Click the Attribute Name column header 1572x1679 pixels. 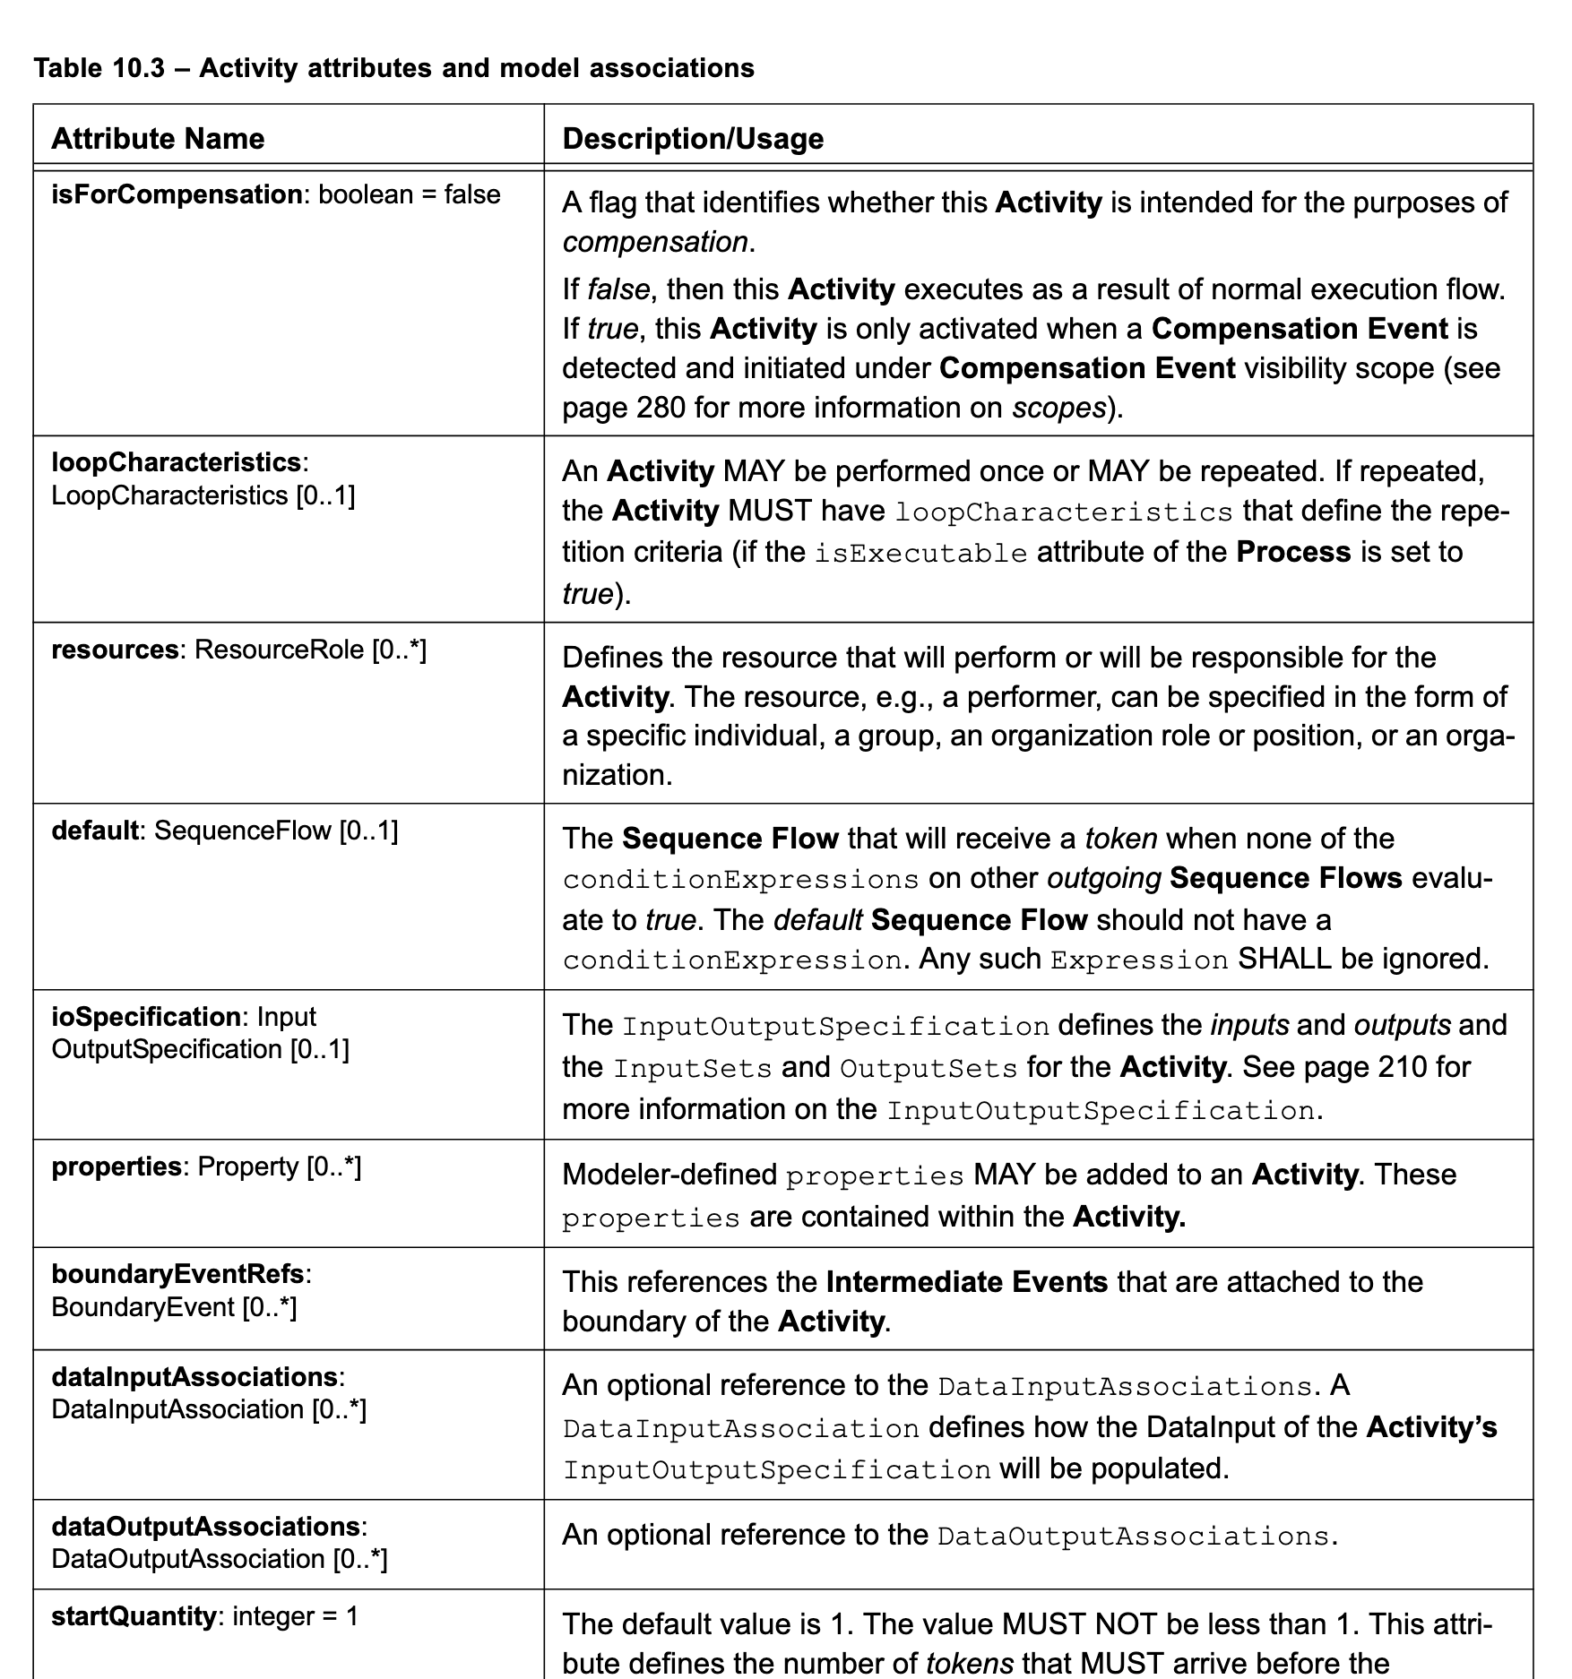coord(158,139)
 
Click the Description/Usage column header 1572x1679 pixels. coord(692,139)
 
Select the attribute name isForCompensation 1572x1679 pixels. coord(177,194)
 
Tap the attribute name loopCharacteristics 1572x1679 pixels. coord(177,462)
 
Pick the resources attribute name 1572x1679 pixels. coord(115,650)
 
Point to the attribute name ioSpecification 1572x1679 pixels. coord(145,1017)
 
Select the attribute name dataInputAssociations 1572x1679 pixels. coord(194,1377)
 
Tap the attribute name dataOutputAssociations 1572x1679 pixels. coord(206,1527)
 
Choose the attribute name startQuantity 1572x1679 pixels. coord(134,1616)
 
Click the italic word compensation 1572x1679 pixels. coord(654,243)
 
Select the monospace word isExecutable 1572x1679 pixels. coord(920,553)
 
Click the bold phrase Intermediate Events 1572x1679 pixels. coord(966,1282)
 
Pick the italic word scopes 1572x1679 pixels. coord(1058,409)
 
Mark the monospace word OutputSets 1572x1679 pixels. coord(928,1069)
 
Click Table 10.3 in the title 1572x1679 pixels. coord(99,68)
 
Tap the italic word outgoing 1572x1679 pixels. coord(1103,878)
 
